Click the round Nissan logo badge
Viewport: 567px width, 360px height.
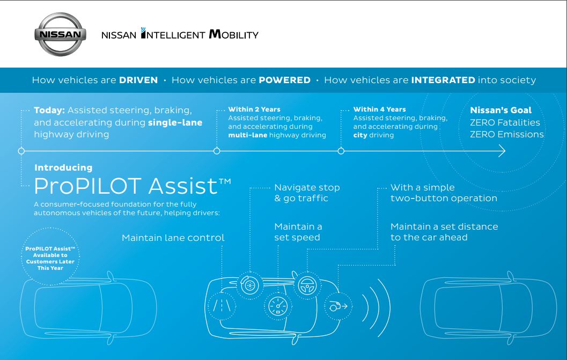coord(61,34)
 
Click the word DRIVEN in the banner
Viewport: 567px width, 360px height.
coord(138,80)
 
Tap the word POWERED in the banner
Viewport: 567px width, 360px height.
coord(285,80)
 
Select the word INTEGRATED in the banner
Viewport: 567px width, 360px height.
coord(443,80)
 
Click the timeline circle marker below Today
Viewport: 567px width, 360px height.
coord(21,151)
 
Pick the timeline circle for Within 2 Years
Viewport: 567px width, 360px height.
coord(217,151)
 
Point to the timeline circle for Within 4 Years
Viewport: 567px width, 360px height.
coord(341,151)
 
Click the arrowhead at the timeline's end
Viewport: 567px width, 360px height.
coord(502,151)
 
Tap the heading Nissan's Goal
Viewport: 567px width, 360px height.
coord(501,110)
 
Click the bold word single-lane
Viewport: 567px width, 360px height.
coord(175,123)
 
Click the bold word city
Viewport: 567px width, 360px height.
coord(360,135)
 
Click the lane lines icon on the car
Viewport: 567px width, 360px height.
coord(222,306)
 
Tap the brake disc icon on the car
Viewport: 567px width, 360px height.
coord(250,285)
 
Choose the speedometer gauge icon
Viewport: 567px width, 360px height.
coord(278,306)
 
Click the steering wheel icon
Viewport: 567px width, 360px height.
coord(307,285)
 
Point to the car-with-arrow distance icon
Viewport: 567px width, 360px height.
coord(338,306)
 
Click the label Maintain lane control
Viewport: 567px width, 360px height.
coord(173,238)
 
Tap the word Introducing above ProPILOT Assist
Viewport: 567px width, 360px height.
coord(63,167)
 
